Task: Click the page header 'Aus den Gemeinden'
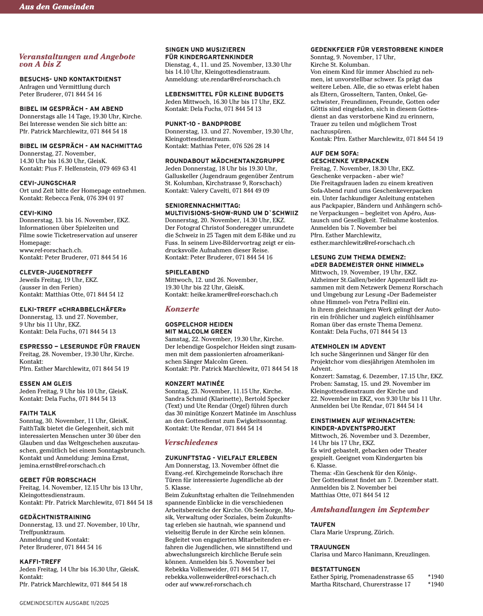[57, 7]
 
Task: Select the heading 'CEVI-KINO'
[36, 213]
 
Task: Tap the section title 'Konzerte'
[182, 309]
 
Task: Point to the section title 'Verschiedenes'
[191, 442]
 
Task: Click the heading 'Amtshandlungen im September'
[370, 510]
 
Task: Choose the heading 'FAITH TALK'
[38, 414]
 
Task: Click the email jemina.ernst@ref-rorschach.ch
[62, 465]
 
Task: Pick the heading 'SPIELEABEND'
[187, 272]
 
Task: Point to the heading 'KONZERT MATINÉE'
[195, 384]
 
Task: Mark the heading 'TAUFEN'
[323, 525]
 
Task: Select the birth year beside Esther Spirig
[435, 577]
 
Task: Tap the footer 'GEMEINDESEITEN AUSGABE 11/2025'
[64, 603]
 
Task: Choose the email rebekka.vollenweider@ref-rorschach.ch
[220, 577]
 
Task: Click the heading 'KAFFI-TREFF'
[40, 562]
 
